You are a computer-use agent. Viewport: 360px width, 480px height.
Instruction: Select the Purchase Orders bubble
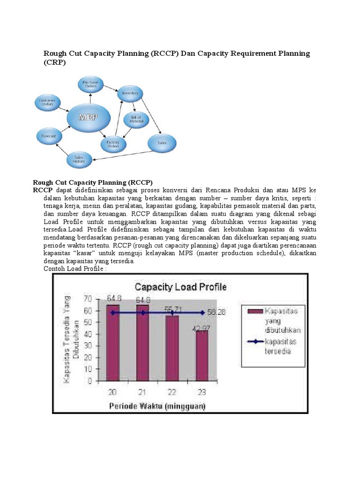tap(90, 85)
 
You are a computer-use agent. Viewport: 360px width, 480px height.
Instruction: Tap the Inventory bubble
tap(130, 93)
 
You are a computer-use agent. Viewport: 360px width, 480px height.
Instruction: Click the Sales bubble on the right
tap(162, 142)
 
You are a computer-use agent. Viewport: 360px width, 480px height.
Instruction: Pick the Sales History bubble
tap(78, 160)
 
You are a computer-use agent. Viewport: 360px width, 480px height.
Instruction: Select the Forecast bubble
tap(49, 136)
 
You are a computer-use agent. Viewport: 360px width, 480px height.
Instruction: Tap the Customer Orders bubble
tap(47, 102)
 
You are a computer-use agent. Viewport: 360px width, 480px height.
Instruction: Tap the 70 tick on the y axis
tap(88, 298)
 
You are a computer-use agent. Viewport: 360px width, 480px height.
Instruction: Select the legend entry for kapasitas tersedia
tap(272, 346)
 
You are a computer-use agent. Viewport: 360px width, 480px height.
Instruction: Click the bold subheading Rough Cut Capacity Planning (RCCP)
tap(93, 182)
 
